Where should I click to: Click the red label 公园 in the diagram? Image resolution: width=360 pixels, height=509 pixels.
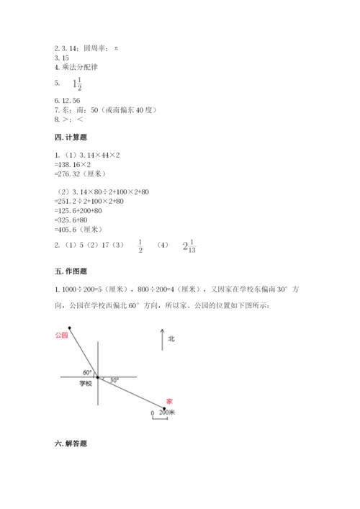coord(62,335)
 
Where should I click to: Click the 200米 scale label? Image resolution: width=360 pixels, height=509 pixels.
coord(168,413)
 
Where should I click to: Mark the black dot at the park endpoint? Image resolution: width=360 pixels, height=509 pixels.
coord(69,328)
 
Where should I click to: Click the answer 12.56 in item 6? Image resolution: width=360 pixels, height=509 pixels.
coord(74,102)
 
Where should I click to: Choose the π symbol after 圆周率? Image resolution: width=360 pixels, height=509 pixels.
coord(115,48)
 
